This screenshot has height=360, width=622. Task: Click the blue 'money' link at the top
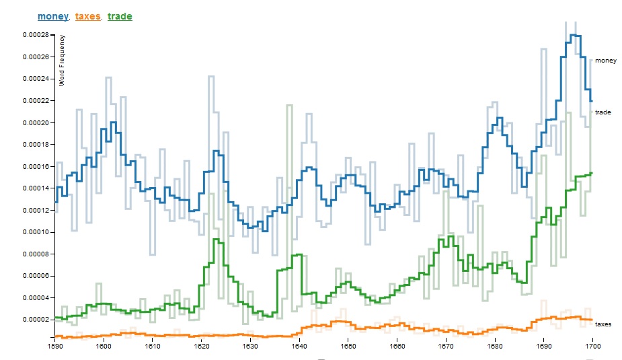[52, 16]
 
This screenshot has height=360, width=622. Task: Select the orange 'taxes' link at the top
[87, 16]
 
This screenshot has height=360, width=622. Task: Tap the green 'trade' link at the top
[120, 16]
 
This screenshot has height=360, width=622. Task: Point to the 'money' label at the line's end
[605, 61]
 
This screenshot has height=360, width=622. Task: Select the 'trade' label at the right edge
[603, 112]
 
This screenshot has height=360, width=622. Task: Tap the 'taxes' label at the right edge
[603, 324]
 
